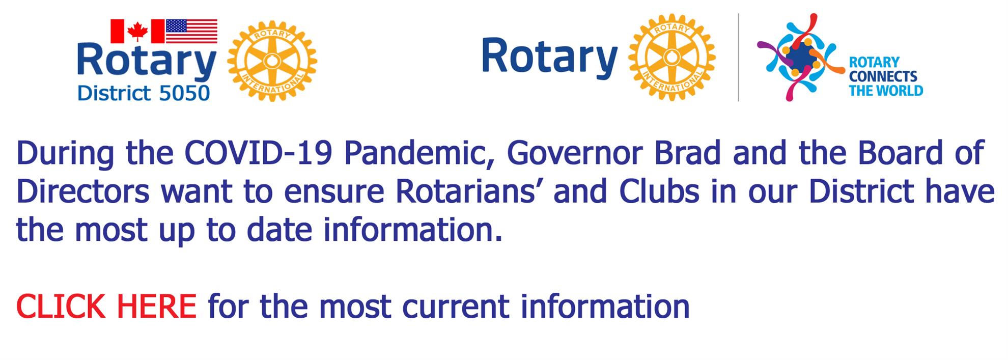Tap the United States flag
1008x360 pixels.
coord(191,32)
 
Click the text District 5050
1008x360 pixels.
coord(144,94)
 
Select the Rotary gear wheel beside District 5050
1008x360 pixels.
coord(272,61)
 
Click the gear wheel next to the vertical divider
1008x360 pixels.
coord(672,57)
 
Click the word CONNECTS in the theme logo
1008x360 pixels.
coord(883,77)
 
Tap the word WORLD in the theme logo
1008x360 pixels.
coord(899,91)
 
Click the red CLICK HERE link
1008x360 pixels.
coord(106,307)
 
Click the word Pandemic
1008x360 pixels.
coord(413,153)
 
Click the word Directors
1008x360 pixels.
coord(83,192)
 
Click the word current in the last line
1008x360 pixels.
coord(455,307)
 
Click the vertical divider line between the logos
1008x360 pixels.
coord(738,57)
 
